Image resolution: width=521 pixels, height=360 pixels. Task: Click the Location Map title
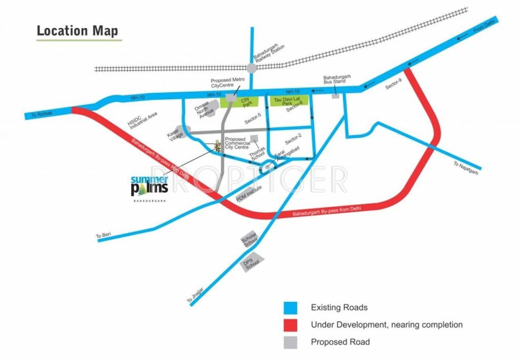coord(77,31)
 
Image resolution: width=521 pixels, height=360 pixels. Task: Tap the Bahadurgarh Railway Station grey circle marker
coord(251,68)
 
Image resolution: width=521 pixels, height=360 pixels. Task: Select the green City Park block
coord(245,101)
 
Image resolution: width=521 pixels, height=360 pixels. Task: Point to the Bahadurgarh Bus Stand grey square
coord(336,96)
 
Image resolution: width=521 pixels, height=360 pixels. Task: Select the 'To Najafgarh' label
coord(467,168)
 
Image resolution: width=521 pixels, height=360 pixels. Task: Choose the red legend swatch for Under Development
coord(291,324)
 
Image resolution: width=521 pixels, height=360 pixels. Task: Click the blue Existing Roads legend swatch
coord(291,307)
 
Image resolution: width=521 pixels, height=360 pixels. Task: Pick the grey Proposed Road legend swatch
coord(291,342)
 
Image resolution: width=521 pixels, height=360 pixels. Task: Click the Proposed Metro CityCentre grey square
coord(231,97)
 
